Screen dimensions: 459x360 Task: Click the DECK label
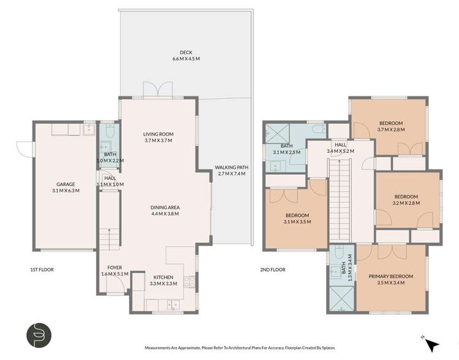(186, 52)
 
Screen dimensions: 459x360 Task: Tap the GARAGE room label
(66, 184)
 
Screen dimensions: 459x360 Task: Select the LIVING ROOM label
(158, 134)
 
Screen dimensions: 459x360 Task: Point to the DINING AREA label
(165, 207)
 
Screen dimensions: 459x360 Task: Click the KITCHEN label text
(164, 277)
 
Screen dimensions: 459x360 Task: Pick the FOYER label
(115, 267)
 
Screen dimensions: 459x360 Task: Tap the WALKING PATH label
(232, 167)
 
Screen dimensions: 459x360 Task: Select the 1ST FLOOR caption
(42, 269)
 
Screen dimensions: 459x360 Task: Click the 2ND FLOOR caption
(273, 269)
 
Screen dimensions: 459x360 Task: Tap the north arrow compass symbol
(431, 344)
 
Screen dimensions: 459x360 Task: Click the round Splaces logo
(39, 335)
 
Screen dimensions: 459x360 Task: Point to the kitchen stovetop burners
(189, 282)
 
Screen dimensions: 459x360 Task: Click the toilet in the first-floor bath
(110, 130)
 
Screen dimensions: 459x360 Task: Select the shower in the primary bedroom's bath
(341, 299)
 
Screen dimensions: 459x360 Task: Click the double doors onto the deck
(157, 89)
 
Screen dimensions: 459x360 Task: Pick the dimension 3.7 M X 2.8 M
(391, 129)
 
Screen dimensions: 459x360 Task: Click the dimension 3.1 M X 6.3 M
(66, 190)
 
